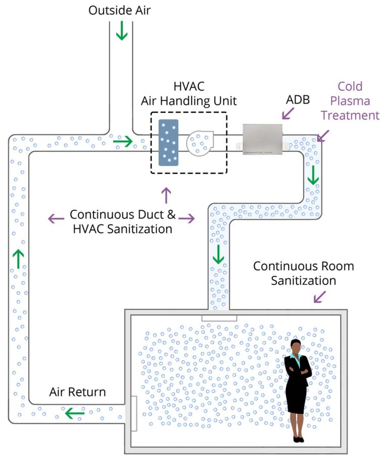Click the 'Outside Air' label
tap(120, 10)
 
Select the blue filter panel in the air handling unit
tap(168, 142)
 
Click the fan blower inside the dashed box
tap(200, 142)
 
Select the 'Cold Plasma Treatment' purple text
tap(350, 101)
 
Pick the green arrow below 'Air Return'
tap(75, 413)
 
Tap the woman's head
tap(296, 347)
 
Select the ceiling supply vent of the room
tap(219, 317)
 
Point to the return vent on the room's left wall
tap(133, 413)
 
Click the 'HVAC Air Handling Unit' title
tap(188, 94)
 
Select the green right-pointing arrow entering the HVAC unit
tap(122, 142)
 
